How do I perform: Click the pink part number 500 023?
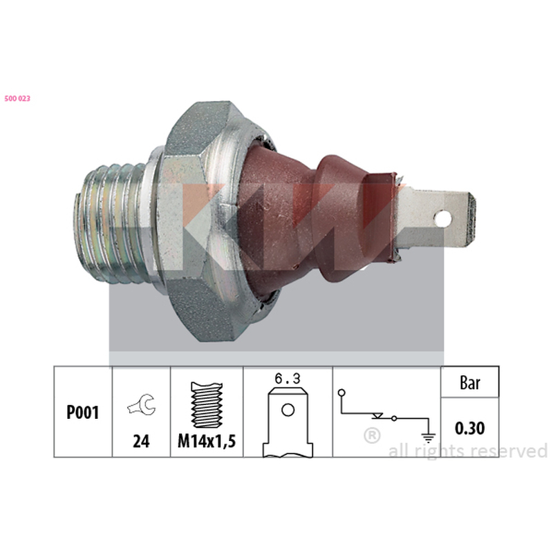click(17, 99)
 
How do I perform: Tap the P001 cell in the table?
click(83, 412)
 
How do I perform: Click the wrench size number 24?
click(141, 441)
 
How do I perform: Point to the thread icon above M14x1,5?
click(207, 405)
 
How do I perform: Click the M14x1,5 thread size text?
click(207, 441)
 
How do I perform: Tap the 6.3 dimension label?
click(288, 379)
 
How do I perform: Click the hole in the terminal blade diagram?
click(288, 410)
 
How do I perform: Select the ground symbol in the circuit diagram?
click(429, 438)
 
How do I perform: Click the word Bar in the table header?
click(470, 383)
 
